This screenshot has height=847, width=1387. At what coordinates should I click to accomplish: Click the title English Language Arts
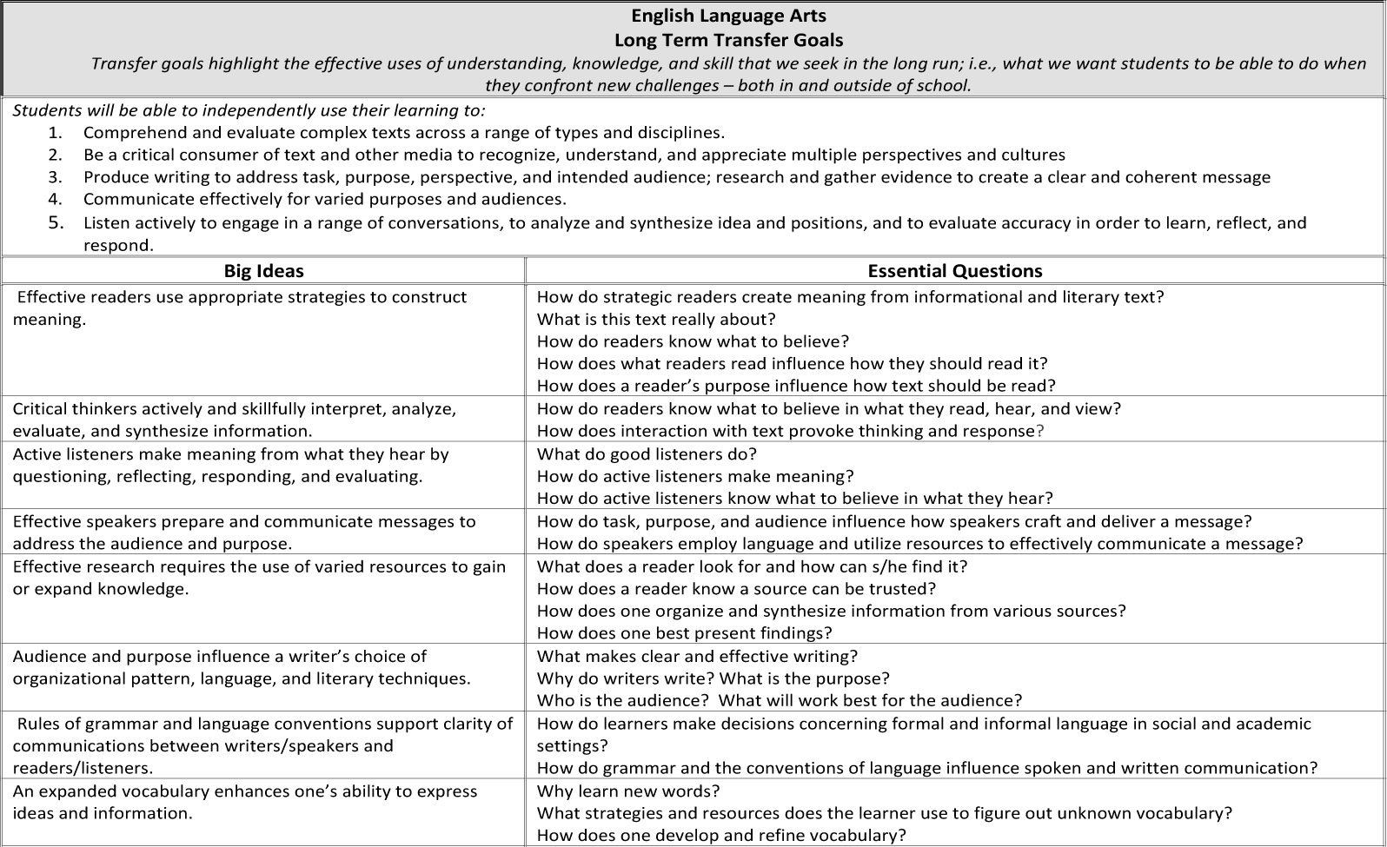coord(728,16)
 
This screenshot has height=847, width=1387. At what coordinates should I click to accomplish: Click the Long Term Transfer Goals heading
coord(728,40)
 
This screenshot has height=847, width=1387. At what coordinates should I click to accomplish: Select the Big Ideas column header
coord(263,271)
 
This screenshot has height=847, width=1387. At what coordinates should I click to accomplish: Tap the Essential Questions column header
coord(954,271)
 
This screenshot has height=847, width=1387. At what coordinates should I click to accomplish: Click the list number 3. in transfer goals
coord(56,177)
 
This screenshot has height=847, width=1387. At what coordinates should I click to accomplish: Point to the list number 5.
coord(56,222)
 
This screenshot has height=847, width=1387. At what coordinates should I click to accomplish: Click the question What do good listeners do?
coord(647,454)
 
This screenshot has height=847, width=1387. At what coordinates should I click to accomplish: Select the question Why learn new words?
coord(628,791)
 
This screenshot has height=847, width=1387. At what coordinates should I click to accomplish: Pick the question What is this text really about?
coord(656,320)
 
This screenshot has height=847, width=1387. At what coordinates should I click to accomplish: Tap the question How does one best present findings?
coord(684,633)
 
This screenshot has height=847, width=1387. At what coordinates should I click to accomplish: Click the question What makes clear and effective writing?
coord(697,657)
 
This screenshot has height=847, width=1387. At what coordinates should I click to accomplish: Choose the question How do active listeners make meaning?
coord(695,477)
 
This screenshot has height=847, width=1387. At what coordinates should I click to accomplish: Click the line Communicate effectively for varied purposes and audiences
coord(324,200)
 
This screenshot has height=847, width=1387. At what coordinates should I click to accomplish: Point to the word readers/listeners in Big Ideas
coord(83,769)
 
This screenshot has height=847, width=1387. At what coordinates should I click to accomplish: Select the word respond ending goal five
coord(118,245)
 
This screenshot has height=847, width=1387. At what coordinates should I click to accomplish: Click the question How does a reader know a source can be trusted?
coord(736,589)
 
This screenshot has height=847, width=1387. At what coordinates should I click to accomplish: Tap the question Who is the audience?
coord(623,701)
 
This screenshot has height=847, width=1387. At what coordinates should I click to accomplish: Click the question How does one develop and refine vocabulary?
coord(721,836)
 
